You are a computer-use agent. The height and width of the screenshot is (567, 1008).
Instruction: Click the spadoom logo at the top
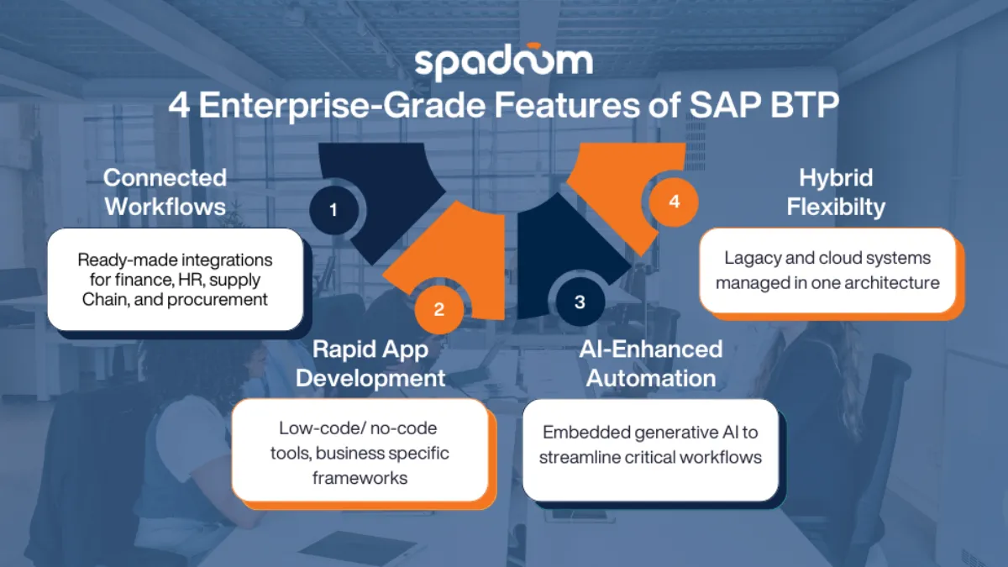point(503,64)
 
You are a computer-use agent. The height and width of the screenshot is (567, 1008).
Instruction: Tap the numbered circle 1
point(333,210)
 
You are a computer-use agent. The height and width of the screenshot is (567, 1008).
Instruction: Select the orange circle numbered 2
point(438,309)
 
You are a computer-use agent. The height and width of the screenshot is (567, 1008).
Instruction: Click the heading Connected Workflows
point(165,192)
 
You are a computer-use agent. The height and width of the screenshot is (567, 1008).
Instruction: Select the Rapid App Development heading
point(370,363)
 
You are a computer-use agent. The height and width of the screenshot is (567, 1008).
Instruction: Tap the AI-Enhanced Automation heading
point(651,363)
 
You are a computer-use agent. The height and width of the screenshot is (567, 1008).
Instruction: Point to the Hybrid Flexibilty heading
point(836,192)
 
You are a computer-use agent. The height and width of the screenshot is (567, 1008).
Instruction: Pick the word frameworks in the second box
point(360,478)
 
